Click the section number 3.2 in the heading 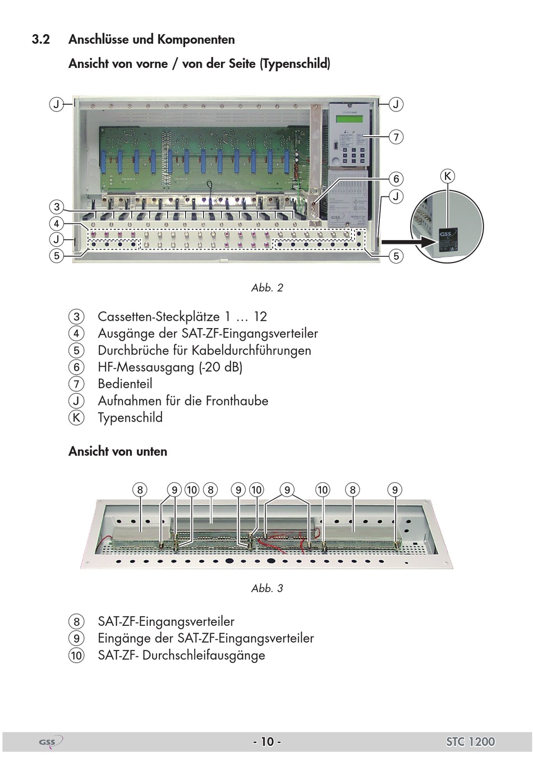[x=41, y=39]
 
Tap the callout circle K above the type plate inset [x=447, y=177]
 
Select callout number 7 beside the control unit [x=396, y=137]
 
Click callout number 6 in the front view [x=396, y=179]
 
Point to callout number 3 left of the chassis [x=57, y=207]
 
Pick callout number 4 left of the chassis [x=57, y=224]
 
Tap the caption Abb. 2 [x=267, y=288]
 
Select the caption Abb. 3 [x=267, y=588]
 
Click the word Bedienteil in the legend [x=125, y=384]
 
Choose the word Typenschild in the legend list [x=130, y=418]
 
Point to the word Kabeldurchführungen [x=251, y=350]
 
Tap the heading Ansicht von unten [x=118, y=451]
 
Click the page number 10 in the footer [x=267, y=742]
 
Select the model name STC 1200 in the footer [x=470, y=742]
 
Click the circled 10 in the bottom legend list [x=76, y=655]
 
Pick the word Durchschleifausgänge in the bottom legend [x=203, y=655]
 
